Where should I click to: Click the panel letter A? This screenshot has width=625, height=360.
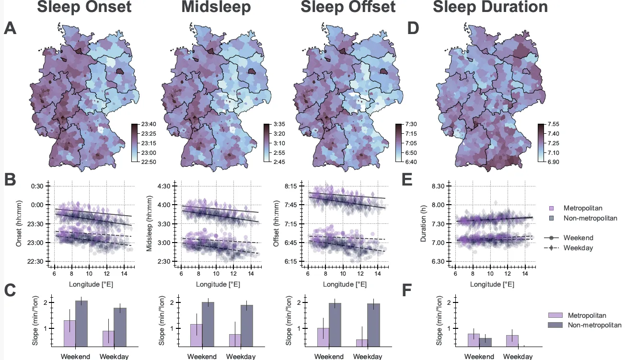[x=11, y=28]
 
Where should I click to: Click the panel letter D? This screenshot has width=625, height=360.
[x=413, y=28]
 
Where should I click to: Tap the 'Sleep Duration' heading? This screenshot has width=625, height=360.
[x=490, y=7]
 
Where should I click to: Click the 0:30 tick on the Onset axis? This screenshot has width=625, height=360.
[x=37, y=186]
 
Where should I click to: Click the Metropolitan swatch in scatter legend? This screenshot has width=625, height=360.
[x=552, y=208]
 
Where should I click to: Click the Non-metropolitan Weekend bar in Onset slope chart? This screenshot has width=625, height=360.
[x=81, y=323]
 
